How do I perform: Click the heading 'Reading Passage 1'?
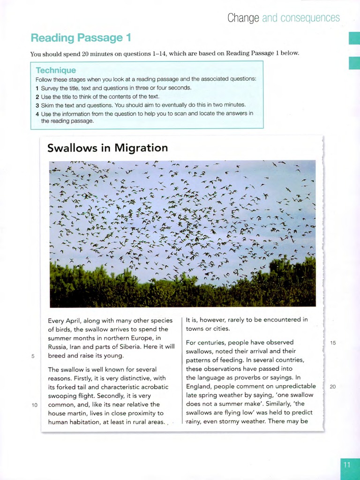coord(81,37)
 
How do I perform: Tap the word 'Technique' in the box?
coord(56,70)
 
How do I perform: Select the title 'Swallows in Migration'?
coord(107,148)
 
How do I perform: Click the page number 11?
coord(347,465)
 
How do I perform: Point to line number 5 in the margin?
coord(33,356)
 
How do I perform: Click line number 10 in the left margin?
coord(35,405)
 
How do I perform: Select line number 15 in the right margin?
coord(333,343)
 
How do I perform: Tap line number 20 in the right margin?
coord(333,387)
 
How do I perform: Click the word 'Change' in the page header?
coord(243,18)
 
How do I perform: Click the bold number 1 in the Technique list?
coord(37,88)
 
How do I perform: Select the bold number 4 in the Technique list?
coord(37,113)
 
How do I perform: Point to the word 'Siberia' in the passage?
coord(140,347)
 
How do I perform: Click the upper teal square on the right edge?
coord(354,38)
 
